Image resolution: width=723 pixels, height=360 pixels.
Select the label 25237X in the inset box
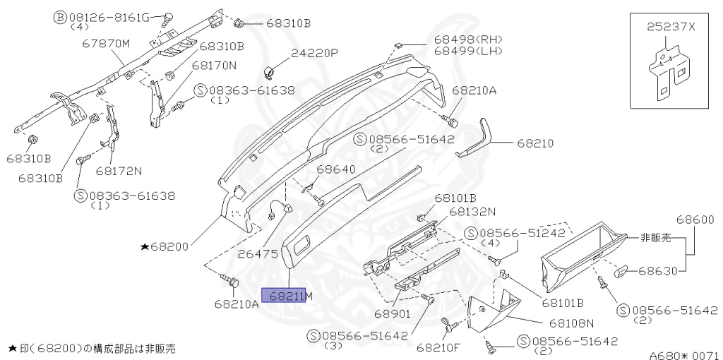671,26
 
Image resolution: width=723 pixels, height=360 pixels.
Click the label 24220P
315,53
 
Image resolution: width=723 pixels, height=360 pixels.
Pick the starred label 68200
165,247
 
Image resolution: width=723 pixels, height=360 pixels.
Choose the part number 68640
335,169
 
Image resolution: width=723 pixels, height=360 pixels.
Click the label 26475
258,252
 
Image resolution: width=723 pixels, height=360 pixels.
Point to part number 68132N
472,210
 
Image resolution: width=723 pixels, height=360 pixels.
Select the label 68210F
438,347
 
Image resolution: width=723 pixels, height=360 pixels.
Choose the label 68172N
119,170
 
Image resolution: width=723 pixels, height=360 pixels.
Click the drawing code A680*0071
683,355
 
